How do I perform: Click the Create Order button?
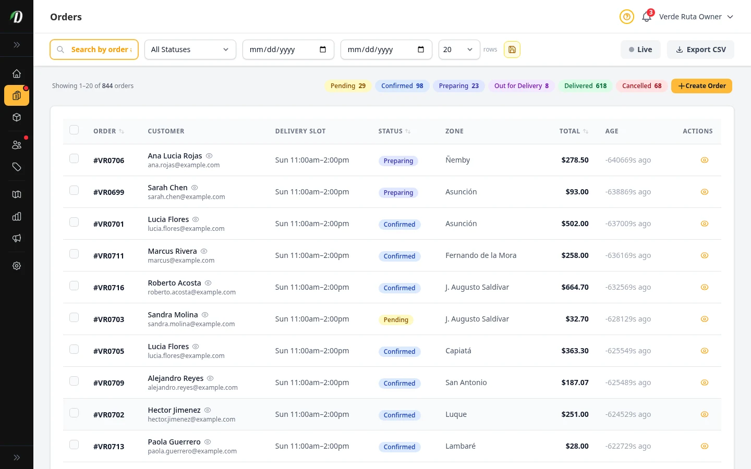[701, 86]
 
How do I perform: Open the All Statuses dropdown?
[190, 50]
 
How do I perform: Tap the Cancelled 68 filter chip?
[641, 86]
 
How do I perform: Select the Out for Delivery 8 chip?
[521, 86]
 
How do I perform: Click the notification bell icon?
[646, 17]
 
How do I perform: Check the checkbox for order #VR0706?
[74, 158]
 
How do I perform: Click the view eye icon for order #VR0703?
[704, 319]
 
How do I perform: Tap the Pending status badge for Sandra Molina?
[396, 320]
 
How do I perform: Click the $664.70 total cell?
[575, 287]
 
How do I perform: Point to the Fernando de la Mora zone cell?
[480, 255]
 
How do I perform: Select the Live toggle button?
[640, 50]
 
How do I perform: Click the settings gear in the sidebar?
[17, 266]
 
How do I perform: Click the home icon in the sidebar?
[17, 73]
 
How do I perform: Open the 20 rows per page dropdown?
[458, 50]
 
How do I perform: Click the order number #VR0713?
[108, 447]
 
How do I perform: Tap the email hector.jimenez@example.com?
[191, 419]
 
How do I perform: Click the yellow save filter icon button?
[512, 50]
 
